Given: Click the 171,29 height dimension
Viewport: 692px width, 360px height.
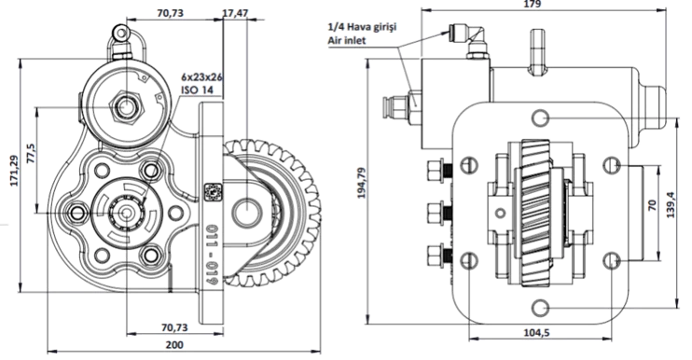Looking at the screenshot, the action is [x=15, y=171].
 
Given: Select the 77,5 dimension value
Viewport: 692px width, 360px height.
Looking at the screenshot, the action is [x=31, y=154].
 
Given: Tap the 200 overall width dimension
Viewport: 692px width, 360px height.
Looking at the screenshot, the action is [x=174, y=344].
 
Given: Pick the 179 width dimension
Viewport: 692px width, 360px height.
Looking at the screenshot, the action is [x=533, y=4].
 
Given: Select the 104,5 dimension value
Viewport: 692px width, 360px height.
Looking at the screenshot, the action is [x=536, y=333].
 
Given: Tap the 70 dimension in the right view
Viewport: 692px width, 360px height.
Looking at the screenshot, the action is [x=653, y=204].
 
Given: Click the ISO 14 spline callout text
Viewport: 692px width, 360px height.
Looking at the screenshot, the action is [x=197, y=90].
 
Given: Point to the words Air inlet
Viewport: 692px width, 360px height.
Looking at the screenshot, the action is [x=346, y=41].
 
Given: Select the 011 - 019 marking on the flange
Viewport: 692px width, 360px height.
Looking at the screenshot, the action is [x=214, y=254].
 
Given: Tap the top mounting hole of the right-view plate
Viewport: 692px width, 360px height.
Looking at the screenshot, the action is [x=540, y=118].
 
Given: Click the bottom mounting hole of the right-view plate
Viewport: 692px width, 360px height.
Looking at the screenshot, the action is [x=540, y=308].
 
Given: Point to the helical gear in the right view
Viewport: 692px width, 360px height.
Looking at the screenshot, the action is [x=536, y=213].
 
